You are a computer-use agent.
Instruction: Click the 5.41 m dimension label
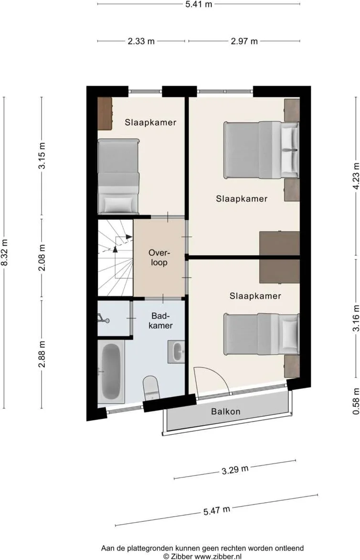199,4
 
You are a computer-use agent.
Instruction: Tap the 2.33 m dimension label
141,41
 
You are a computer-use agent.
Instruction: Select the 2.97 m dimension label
244,41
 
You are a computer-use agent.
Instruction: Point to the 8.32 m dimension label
4,252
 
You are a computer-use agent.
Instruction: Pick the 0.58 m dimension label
356,401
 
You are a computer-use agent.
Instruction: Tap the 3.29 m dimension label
235,469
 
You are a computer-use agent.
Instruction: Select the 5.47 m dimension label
217,510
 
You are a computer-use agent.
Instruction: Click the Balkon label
225,411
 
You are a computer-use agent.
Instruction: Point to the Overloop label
159,258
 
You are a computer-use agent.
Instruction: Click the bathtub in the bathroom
111,371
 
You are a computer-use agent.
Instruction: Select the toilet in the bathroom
151,388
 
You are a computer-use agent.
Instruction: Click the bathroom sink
176,351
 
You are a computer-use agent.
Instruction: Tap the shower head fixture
103,319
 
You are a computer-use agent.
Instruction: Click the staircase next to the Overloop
115,258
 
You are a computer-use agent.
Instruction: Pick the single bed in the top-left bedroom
118,176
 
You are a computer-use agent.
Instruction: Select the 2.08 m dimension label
42,258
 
